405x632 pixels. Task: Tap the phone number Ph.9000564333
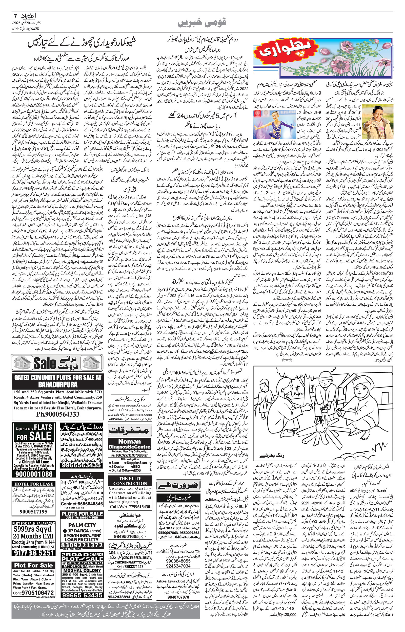pos(58,414)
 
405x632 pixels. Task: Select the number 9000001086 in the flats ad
pos(34,474)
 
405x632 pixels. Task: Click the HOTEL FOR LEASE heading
pos(34,484)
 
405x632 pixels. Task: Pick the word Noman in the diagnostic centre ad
pos(130,441)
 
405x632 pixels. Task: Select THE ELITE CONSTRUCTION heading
pos(130,481)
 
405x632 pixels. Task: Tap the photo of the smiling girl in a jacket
pos(377,121)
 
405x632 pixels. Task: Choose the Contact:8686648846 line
pos(82,504)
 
